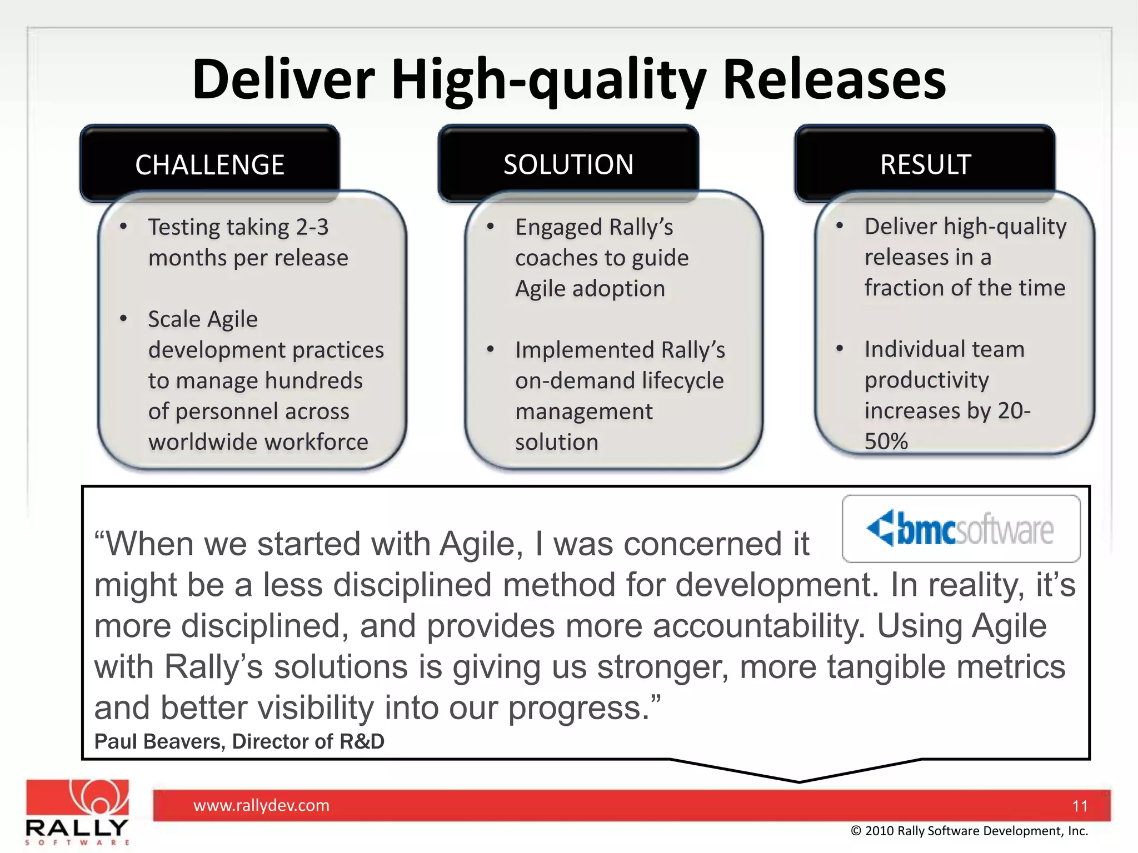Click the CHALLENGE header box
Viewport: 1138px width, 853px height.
point(209,164)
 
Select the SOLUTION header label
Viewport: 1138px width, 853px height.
point(568,164)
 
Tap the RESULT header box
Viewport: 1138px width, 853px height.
point(925,164)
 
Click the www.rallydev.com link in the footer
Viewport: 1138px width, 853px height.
point(261,805)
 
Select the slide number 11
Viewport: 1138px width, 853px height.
point(1080,806)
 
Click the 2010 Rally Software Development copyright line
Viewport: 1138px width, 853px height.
point(969,831)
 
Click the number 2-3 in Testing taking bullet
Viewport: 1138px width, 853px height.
point(312,227)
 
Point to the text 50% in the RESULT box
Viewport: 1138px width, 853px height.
point(886,441)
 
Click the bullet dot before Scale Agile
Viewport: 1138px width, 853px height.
point(124,319)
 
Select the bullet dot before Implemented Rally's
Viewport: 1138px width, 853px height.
point(491,349)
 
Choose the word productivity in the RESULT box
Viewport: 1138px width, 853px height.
point(926,380)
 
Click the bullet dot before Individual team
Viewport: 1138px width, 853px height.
point(840,349)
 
